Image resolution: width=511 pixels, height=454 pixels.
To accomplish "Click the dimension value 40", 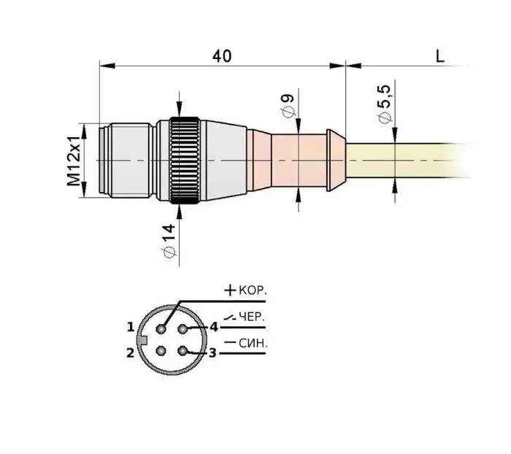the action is pos(222,56).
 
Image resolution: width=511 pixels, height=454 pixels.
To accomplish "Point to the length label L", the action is pos(440,56).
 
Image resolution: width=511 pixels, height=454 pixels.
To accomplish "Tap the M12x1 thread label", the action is pos(74,161).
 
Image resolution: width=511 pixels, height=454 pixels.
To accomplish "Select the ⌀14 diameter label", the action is pos(169,241).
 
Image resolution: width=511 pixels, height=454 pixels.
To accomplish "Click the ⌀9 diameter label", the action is pos(288,105).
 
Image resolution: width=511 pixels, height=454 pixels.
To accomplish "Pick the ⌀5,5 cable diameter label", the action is pos(385,104).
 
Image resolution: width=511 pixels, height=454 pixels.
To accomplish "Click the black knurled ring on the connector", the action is pos(185,161).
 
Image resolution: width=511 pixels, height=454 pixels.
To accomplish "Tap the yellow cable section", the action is pos(407,161).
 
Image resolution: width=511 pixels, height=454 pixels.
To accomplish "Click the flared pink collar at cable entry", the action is pos(336,161).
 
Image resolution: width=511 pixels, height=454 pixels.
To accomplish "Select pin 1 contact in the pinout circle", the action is pos(161,329).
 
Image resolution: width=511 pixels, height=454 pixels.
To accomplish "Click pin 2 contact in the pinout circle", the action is pos(161,351).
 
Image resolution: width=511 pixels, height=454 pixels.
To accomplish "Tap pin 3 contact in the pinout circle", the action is pos(182,351).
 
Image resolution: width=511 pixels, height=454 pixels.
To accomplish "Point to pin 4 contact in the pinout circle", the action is pos(182,329).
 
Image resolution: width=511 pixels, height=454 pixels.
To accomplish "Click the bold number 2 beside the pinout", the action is pos(131,353).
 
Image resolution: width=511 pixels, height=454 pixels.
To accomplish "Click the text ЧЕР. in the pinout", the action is pos(252,317).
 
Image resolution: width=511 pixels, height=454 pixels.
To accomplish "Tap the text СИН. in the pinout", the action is pos(253,343).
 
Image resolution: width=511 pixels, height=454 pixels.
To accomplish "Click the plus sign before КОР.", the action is pos(230,290).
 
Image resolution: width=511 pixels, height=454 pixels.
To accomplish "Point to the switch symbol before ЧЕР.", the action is pos(230,318).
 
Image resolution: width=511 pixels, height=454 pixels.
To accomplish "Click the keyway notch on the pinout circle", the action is pos(143,340).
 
